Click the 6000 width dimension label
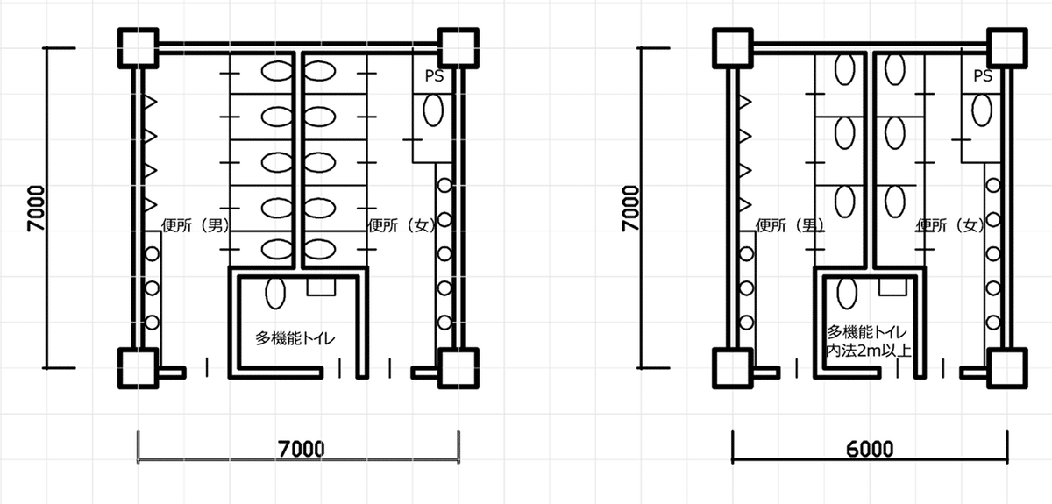click(x=870, y=450)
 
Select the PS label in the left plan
click(x=434, y=75)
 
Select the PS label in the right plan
click(x=983, y=75)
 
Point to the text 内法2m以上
click(x=869, y=351)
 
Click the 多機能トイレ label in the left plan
click(x=295, y=338)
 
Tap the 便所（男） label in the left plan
click(x=195, y=225)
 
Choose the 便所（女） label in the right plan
click(x=950, y=225)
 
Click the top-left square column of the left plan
click(x=139, y=48)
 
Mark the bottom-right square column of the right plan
click(x=1007, y=368)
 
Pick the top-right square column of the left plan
click(x=458, y=48)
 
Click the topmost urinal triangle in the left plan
click(x=150, y=102)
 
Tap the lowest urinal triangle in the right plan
click(x=744, y=205)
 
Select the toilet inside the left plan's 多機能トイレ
click(x=275, y=293)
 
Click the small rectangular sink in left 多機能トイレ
click(x=321, y=287)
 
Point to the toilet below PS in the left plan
click(x=433, y=110)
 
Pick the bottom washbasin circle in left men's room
click(x=152, y=323)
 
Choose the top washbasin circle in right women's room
click(x=992, y=185)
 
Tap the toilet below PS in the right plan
click(x=982, y=110)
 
